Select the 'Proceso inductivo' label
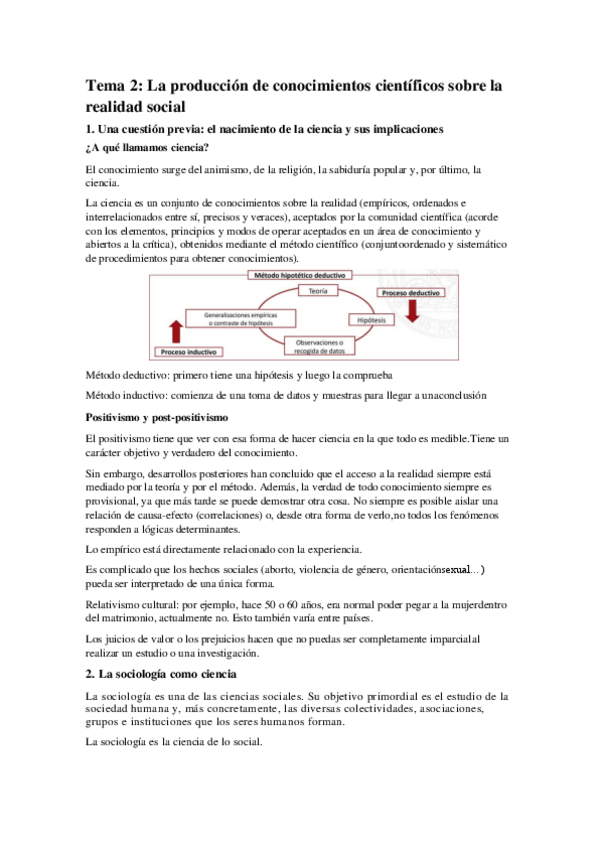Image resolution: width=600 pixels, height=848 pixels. pyautogui.click(x=189, y=352)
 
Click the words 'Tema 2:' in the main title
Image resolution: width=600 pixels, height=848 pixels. pyautogui.click(x=114, y=88)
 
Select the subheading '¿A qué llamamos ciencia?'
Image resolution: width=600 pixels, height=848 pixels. pyautogui.click(x=146, y=148)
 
